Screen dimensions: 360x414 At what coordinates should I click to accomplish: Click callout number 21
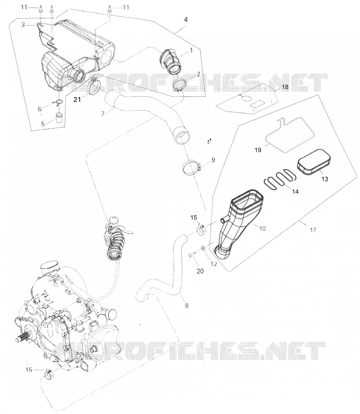(77, 100)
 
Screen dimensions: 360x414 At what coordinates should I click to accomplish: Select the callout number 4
(186, 20)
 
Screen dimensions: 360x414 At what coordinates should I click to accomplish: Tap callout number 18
(285, 87)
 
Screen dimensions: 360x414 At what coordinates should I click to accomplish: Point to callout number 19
(258, 150)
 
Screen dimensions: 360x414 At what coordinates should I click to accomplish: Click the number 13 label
(325, 179)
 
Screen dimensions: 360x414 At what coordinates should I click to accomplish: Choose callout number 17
(313, 230)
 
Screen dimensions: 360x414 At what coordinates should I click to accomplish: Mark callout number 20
(200, 271)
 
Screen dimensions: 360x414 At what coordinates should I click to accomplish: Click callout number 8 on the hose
(187, 306)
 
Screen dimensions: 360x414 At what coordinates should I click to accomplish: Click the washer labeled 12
(203, 248)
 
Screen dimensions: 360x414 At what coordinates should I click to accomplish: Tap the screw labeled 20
(192, 254)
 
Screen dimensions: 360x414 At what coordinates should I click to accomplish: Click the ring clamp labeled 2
(180, 85)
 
